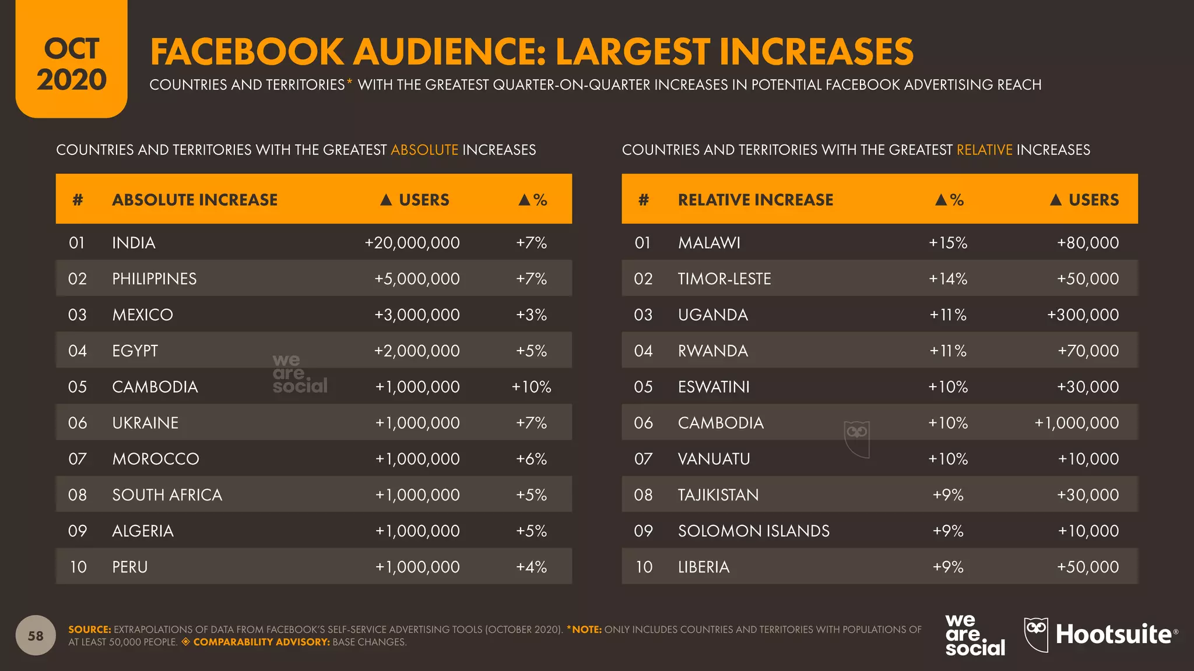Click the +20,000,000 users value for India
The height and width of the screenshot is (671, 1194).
pos(412,243)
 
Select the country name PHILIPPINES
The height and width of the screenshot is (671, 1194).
pos(154,279)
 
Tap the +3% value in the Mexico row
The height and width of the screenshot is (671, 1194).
pos(531,315)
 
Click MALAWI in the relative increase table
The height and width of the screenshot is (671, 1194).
pos(709,243)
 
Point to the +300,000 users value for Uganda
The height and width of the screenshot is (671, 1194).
pos(1083,315)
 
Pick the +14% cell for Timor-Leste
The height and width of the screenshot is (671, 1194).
pos(948,279)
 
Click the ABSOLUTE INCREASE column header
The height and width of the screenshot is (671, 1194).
pos(195,200)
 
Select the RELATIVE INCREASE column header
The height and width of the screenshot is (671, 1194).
pos(756,200)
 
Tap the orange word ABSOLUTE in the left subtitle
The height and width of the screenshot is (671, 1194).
pos(424,150)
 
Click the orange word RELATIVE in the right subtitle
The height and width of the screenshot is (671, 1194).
pos(985,150)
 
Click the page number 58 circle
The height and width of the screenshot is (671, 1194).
pos(36,635)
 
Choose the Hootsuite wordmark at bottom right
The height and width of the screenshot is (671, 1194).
pos(1114,634)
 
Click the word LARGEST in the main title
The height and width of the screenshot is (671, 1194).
pos(633,51)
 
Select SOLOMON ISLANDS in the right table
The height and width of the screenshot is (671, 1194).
pos(753,531)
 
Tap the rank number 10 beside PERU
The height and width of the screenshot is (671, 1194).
pos(78,567)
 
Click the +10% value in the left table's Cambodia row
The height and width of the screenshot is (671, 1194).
pos(531,387)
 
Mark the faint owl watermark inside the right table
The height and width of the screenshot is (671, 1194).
pos(857,439)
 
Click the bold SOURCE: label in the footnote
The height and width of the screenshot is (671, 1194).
pos(89,630)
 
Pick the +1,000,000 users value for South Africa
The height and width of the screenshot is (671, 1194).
pos(417,495)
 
